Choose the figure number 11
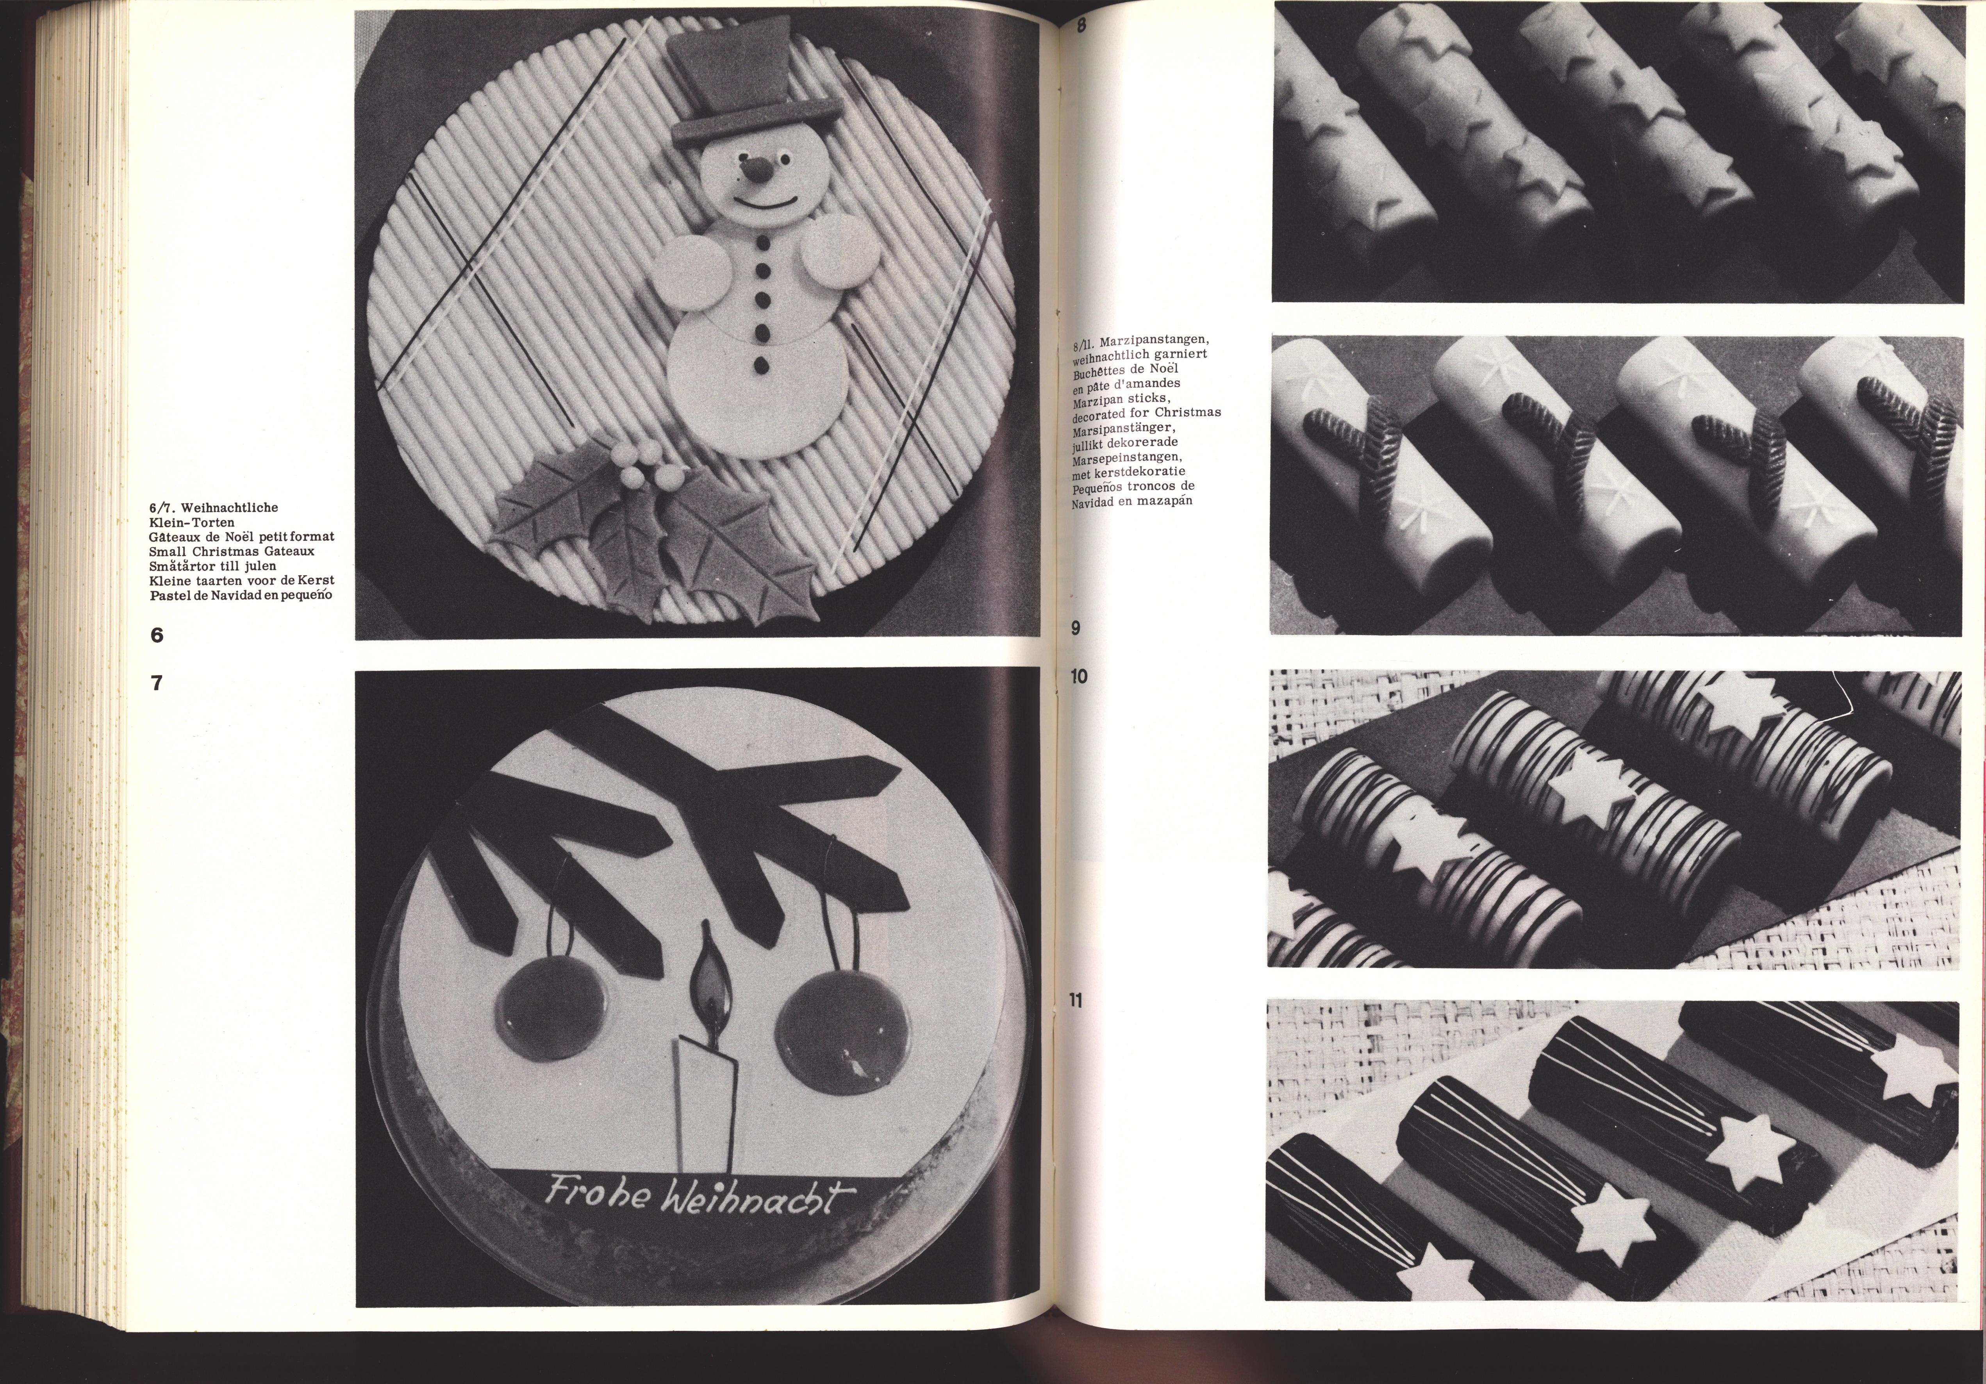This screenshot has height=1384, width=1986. coord(1076,1002)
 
